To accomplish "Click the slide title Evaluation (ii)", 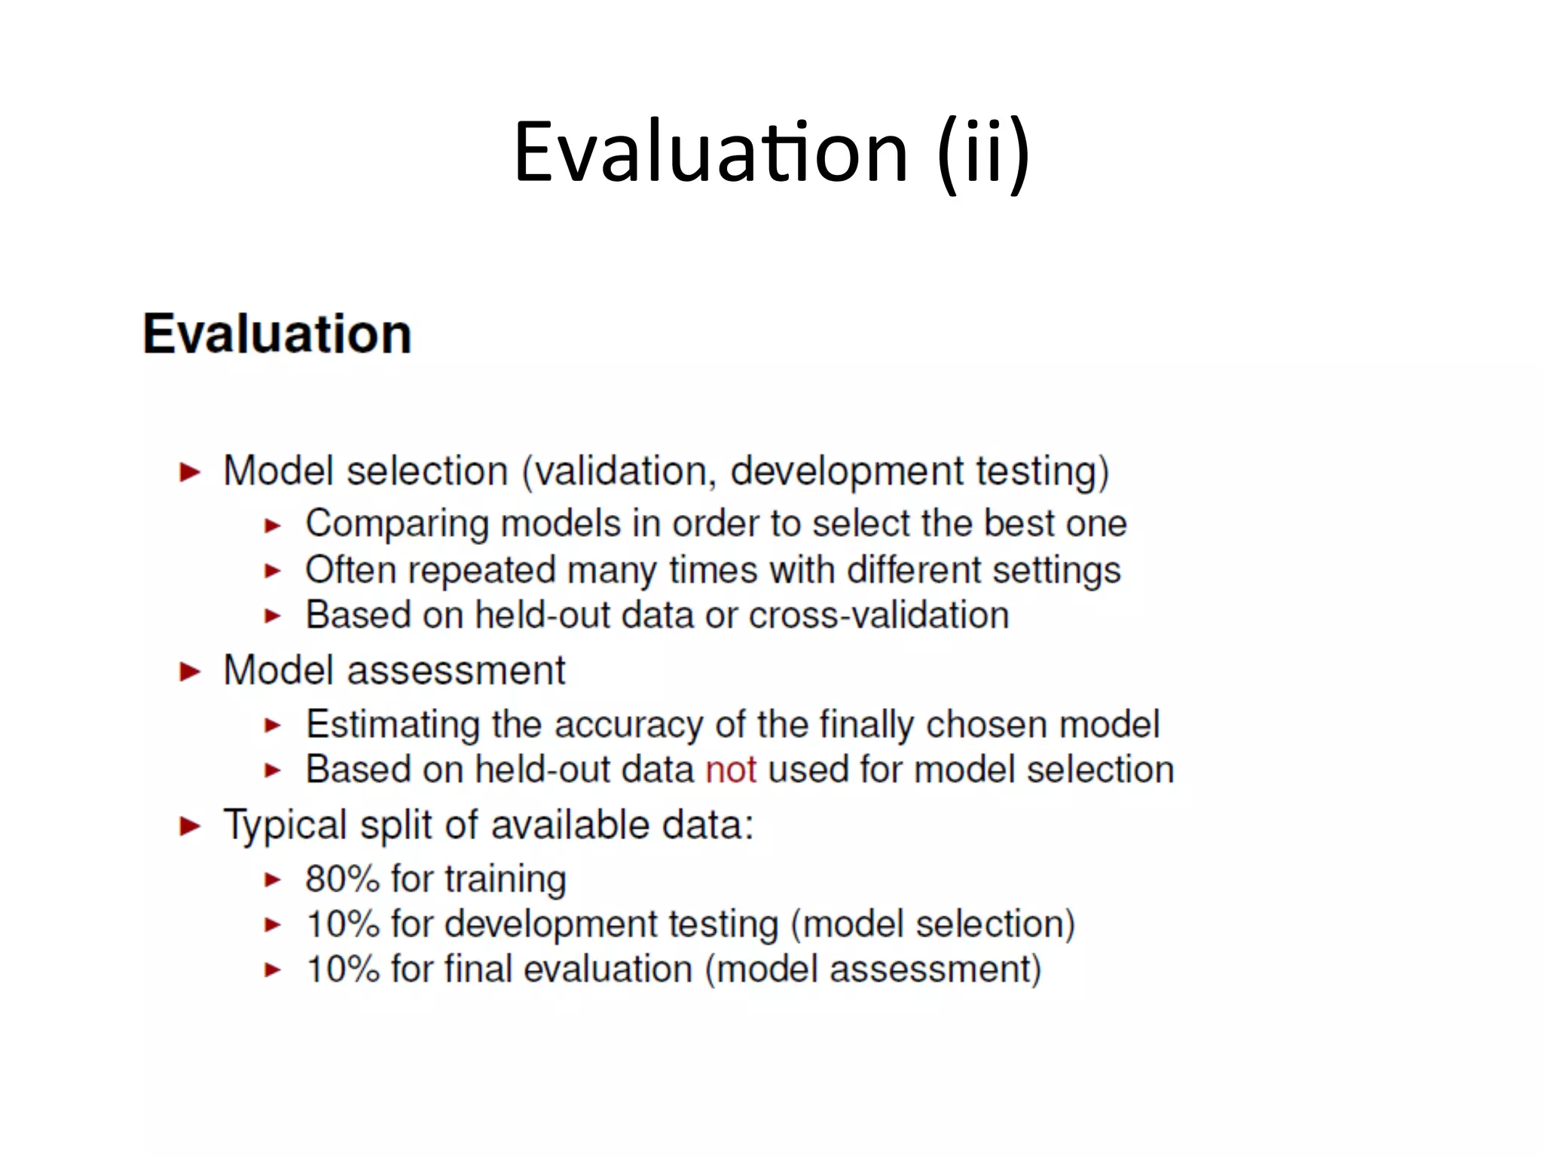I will click(x=771, y=153).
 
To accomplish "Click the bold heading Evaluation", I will click(x=277, y=334).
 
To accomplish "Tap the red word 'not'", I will click(x=730, y=770).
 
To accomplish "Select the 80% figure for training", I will click(x=342, y=879).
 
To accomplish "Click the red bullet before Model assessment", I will click(x=190, y=672).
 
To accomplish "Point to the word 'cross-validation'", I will click(x=878, y=615).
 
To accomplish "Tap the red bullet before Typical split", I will click(x=190, y=826).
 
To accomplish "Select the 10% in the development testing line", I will click(x=342, y=924).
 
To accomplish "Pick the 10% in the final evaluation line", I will click(x=342, y=970).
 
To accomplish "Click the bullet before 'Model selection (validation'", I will click(x=190, y=473).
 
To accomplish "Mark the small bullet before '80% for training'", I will click(x=273, y=880).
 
